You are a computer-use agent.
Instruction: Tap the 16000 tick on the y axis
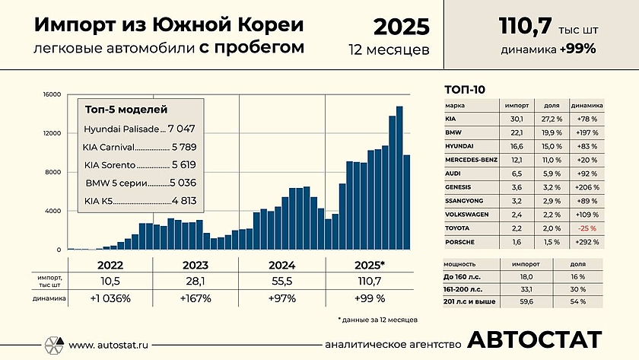pos(52,94)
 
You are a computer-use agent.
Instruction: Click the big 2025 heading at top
pos(401,27)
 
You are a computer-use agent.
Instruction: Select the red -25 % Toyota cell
pos(585,228)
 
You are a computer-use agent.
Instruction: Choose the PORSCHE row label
pos(460,242)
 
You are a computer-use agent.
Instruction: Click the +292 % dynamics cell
pos(585,242)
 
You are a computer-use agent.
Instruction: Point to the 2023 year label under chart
pos(196,266)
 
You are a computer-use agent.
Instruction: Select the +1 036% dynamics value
pos(110,298)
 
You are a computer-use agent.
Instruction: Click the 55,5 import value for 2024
pos(281,282)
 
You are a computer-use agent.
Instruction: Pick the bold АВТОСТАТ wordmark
pos(535,341)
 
